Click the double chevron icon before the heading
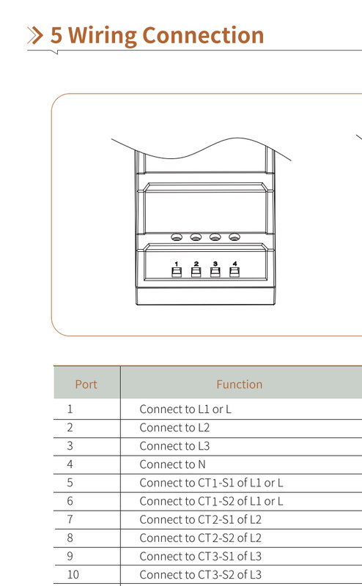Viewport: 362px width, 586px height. pyautogui.click(x=35, y=35)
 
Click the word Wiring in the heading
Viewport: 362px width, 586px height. pyautogui.click(x=102, y=36)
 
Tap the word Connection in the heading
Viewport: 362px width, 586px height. pyautogui.click(x=203, y=35)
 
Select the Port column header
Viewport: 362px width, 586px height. pyautogui.click(x=86, y=384)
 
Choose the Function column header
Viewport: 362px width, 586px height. pyautogui.click(x=240, y=384)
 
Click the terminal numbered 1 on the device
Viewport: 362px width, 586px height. pyautogui.click(x=177, y=272)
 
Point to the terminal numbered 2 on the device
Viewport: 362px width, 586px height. pyautogui.click(x=196, y=272)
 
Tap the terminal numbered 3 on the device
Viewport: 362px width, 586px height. pyautogui.click(x=215, y=272)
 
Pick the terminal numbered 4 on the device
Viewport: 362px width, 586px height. pyautogui.click(x=234, y=272)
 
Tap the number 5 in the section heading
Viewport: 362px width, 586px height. pyautogui.click(x=56, y=35)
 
